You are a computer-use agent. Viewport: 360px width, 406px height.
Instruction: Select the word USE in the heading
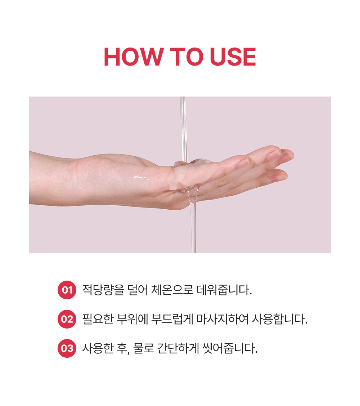click(233, 57)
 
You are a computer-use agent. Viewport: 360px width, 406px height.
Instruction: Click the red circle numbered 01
click(67, 290)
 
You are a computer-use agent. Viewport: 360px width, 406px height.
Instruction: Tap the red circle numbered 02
click(67, 319)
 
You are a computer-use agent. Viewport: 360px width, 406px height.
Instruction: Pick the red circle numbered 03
click(67, 348)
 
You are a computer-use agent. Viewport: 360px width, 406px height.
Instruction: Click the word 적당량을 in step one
click(103, 290)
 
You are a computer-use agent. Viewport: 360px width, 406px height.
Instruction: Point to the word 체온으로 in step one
click(172, 290)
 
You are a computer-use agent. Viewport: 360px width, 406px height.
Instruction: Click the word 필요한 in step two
click(98, 319)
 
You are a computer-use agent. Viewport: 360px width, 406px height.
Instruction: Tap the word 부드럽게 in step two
click(172, 319)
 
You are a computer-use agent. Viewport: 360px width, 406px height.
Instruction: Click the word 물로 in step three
click(143, 348)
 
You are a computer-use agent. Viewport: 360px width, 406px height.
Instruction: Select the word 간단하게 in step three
click(178, 348)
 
